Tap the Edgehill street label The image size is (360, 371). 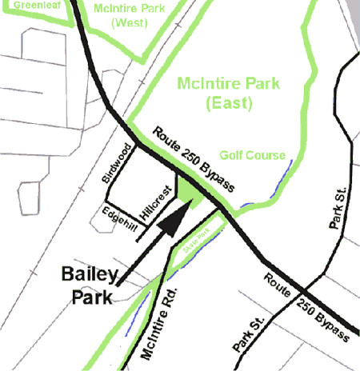116,217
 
